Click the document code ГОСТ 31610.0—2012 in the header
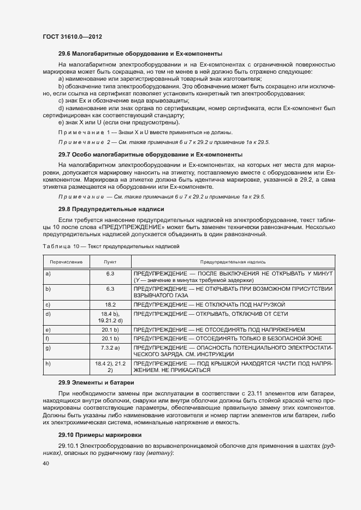click(x=72, y=37)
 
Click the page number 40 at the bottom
click(x=45, y=463)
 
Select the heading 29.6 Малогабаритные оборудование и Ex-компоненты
click(x=140, y=53)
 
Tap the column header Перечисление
click(x=66, y=262)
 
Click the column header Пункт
click(x=110, y=262)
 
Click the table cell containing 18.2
click(x=110, y=304)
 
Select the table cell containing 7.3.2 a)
click(x=110, y=347)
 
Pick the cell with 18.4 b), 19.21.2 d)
click(x=110, y=317)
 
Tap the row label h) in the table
click(x=48, y=363)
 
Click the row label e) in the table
click(x=48, y=330)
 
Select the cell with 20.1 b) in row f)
click(x=110, y=339)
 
